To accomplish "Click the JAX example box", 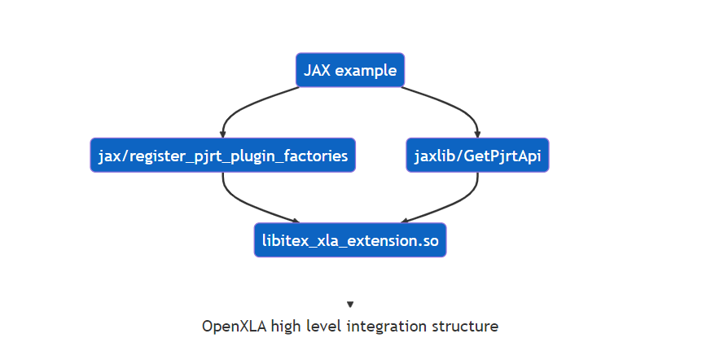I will (x=350, y=70).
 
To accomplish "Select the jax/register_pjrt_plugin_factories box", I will (x=222, y=155).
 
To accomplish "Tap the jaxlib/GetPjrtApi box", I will (x=477, y=155).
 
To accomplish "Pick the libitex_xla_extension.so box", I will (x=350, y=240).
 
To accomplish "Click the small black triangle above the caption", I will (x=350, y=305).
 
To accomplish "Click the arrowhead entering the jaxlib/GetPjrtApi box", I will (x=477, y=134).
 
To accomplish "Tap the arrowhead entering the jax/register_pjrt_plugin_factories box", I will (x=222, y=134).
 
